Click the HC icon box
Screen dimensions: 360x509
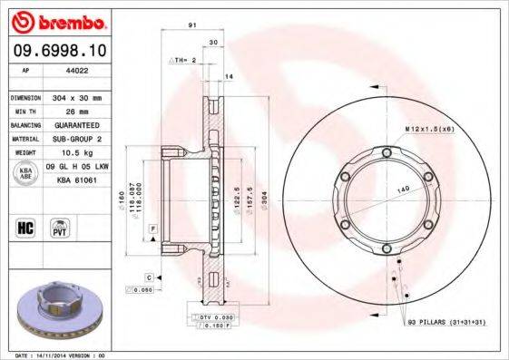25,229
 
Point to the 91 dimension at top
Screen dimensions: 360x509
192,26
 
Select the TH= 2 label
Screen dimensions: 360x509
184,59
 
